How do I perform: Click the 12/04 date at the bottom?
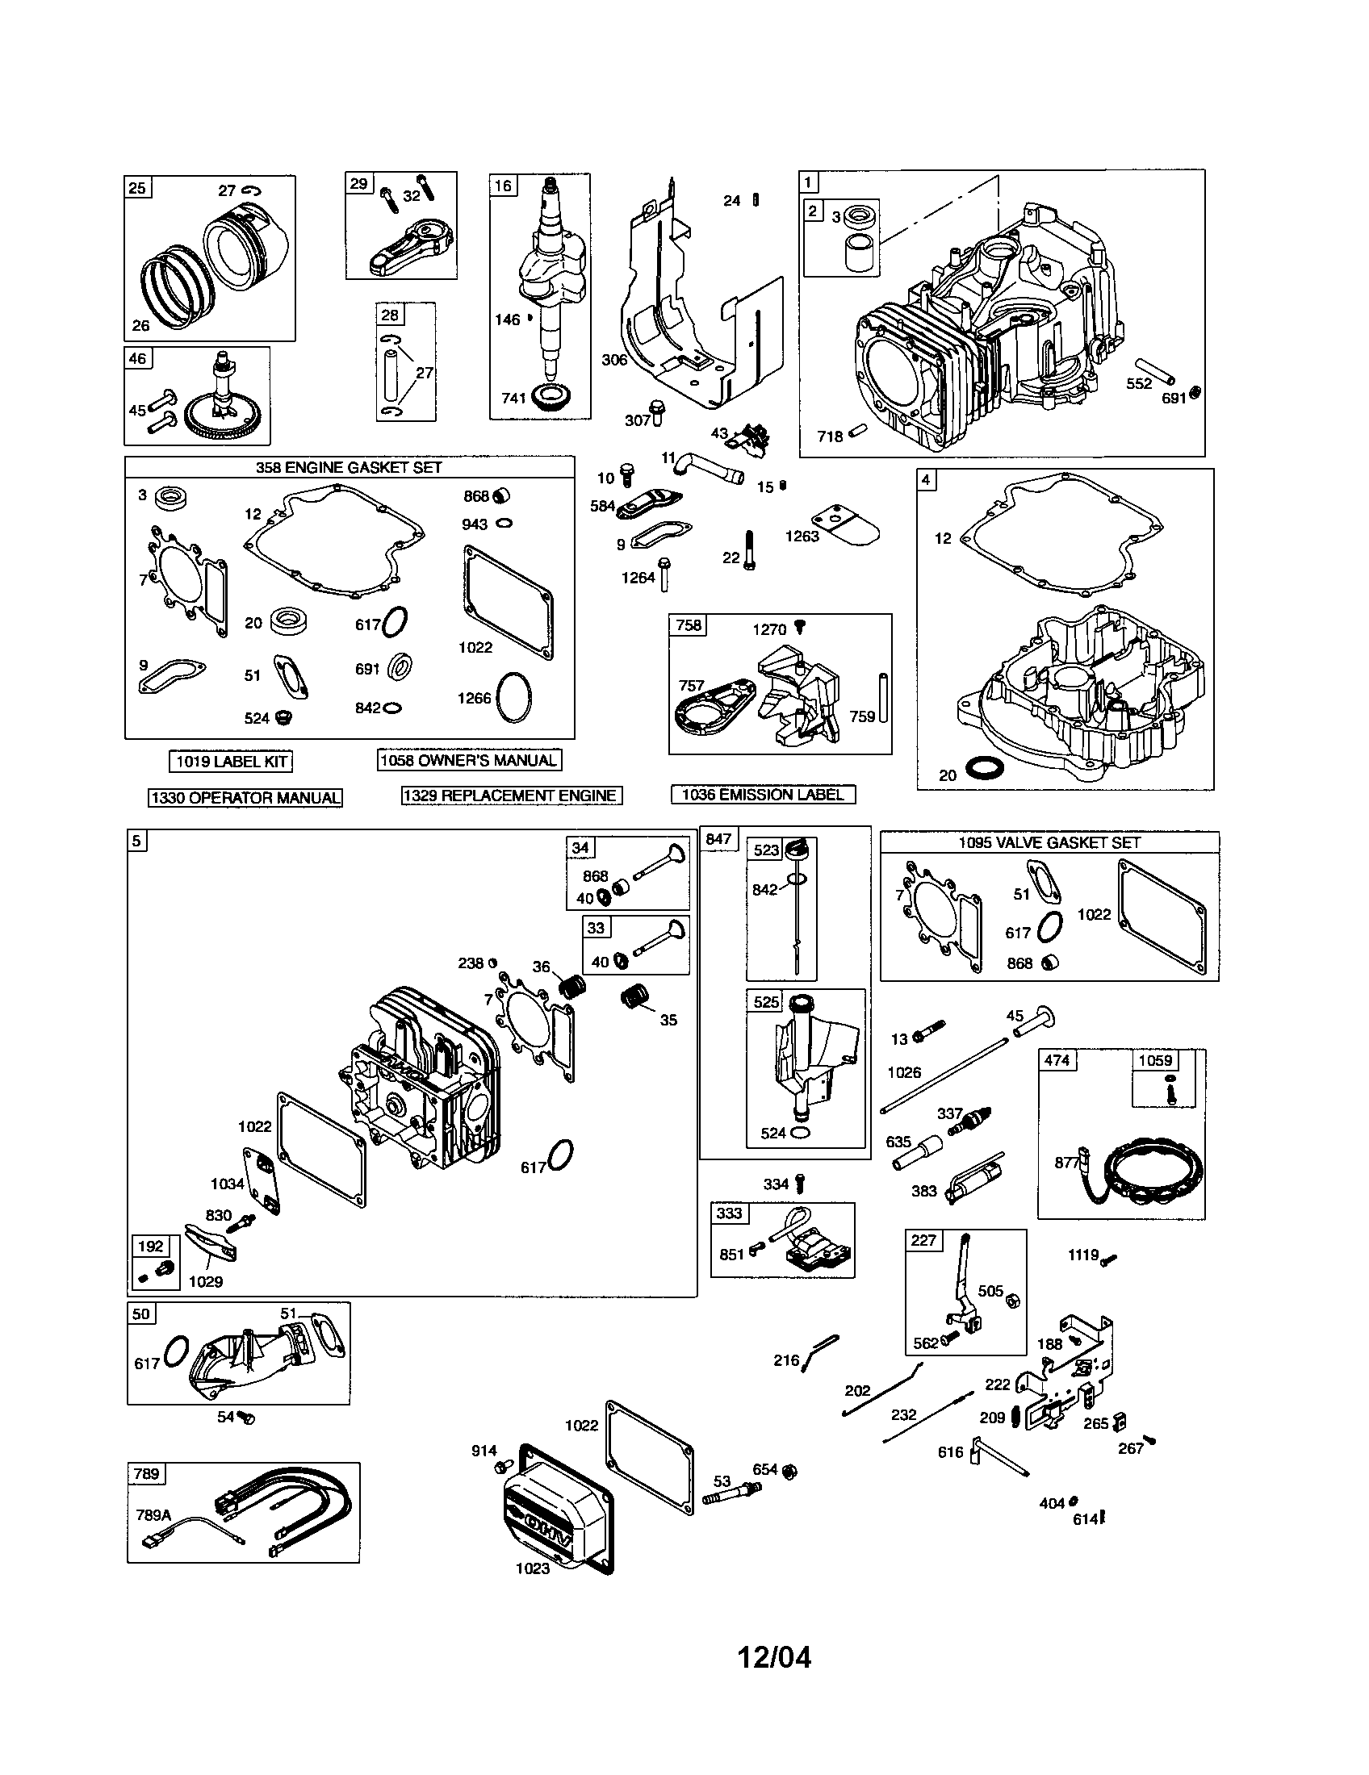click(x=774, y=1656)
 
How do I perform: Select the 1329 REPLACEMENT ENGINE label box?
click(x=512, y=796)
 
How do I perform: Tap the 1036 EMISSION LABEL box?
click(x=763, y=794)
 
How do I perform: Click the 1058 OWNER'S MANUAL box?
click(x=469, y=760)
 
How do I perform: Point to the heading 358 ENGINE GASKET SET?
click(x=349, y=467)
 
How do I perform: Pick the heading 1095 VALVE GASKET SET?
click(x=1049, y=843)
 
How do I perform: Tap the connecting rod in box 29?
click(x=411, y=244)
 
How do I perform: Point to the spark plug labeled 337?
click(x=976, y=1121)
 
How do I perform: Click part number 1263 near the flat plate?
click(x=802, y=537)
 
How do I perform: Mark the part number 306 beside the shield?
click(x=613, y=359)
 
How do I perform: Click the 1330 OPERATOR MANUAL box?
click(x=245, y=797)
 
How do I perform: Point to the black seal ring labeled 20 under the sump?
click(x=980, y=769)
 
